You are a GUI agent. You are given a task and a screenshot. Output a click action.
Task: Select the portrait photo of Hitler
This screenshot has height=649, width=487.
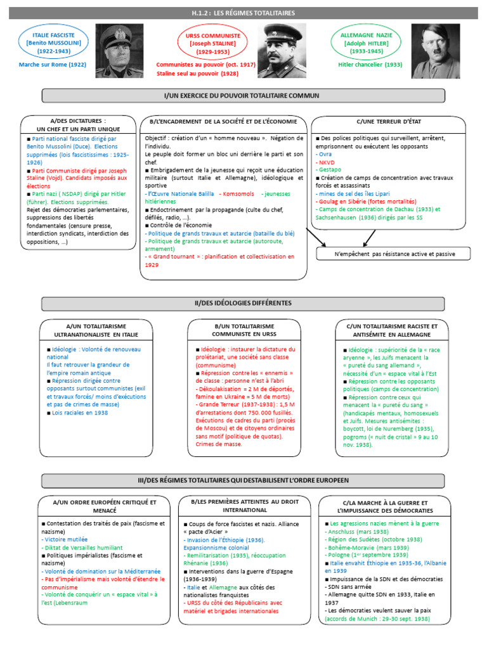point(436,51)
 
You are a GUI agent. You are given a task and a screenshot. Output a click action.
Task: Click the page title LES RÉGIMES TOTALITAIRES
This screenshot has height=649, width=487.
point(243,13)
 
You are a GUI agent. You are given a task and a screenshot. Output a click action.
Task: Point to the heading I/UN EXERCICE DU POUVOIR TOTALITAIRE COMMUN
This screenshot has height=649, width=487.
point(243,95)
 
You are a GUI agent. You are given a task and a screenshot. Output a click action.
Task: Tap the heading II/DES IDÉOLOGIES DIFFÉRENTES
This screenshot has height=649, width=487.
point(243,304)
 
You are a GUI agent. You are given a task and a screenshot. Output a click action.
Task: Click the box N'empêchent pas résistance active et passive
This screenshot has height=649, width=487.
point(394,254)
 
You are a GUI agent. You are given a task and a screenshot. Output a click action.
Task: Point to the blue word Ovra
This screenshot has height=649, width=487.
point(325,153)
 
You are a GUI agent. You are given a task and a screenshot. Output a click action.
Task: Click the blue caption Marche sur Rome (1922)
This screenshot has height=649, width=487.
point(53,65)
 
